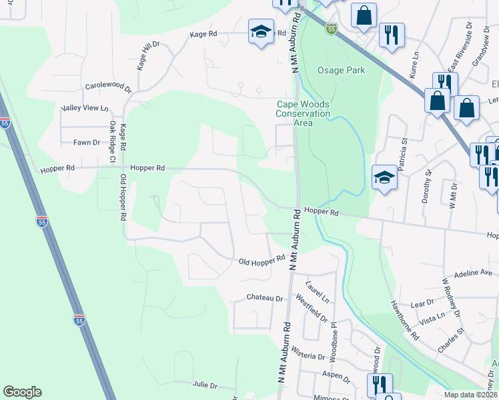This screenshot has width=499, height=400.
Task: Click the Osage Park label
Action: pyautogui.click(x=342, y=71)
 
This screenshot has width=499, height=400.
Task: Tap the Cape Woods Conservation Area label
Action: pyautogui.click(x=304, y=113)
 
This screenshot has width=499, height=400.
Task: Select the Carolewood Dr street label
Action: pyautogui.click(x=108, y=87)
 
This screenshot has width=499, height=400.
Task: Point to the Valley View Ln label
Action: pyautogui.click(x=84, y=108)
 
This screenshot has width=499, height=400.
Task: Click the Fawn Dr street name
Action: pyautogui.click(x=87, y=142)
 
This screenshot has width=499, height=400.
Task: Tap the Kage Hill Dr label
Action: pyautogui.click(x=149, y=55)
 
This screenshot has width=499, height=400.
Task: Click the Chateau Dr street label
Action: pyautogui.click(x=265, y=298)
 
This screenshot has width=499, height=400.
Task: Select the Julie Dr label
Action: pyautogui.click(x=205, y=385)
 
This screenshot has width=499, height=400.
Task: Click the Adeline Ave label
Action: pyautogui.click(x=472, y=273)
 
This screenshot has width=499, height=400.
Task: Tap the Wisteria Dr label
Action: pyautogui.click(x=302, y=356)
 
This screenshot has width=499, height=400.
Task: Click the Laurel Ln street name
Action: pyautogui.click(x=318, y=293)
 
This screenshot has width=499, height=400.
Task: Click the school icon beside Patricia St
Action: pyautogui.click(x=384, y=177)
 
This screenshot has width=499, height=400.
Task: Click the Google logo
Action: pyautogui.click(x=22, y=392)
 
